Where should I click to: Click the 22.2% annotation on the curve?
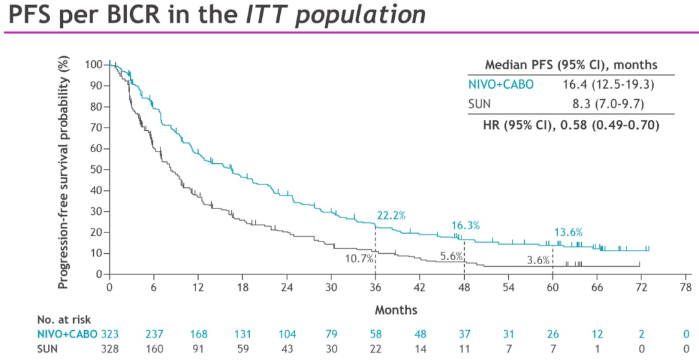(392, 216)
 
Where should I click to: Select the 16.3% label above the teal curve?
(465, 225)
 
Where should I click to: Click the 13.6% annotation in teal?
(568, 232)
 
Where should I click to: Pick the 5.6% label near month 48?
(452, 256)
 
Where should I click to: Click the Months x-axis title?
(396, 310)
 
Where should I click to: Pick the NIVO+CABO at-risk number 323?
(110, 334)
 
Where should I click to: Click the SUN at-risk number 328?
(110, 348)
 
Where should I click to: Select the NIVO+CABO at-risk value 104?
(287, 334)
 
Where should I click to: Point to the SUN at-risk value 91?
(198, 348)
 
